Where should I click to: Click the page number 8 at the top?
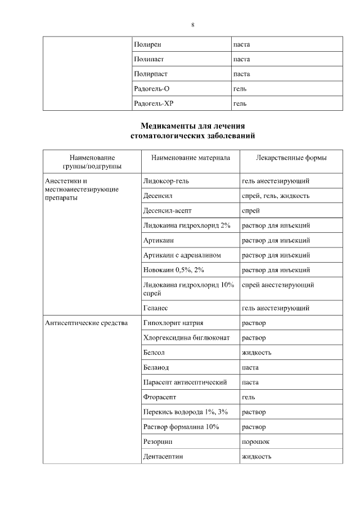pyautogui.click(x=193, y=25)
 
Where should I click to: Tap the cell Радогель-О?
pyautogui.click(x=152, y=89)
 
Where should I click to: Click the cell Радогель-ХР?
pyautogui.click(x=154, y=103)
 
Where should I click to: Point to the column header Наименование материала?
pyautogui.click(x=190, y=158)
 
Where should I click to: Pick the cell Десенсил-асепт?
pyautogui.click(x=168, y=211)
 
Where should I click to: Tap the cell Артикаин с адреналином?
pyautogui.click(x=182, y=255)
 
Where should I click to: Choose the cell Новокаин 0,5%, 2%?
pyautogui.click(x=174, y=270)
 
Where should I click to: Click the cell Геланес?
pyautogui.click(x=156, y=308)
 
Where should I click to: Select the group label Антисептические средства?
pyautogui.click(x=86, y=323)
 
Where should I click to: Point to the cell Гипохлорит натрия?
pyautogui.click(x=173, y=323)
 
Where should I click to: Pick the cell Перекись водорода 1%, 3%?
pyautogui.click(x=185, y=412)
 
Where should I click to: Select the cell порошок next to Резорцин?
pyautogui.click(x=255, y=442)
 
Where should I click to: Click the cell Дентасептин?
pyautogui.click(x=163, y=456)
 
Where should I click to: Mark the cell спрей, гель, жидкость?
pyautogui.click(x=275, y=196)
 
